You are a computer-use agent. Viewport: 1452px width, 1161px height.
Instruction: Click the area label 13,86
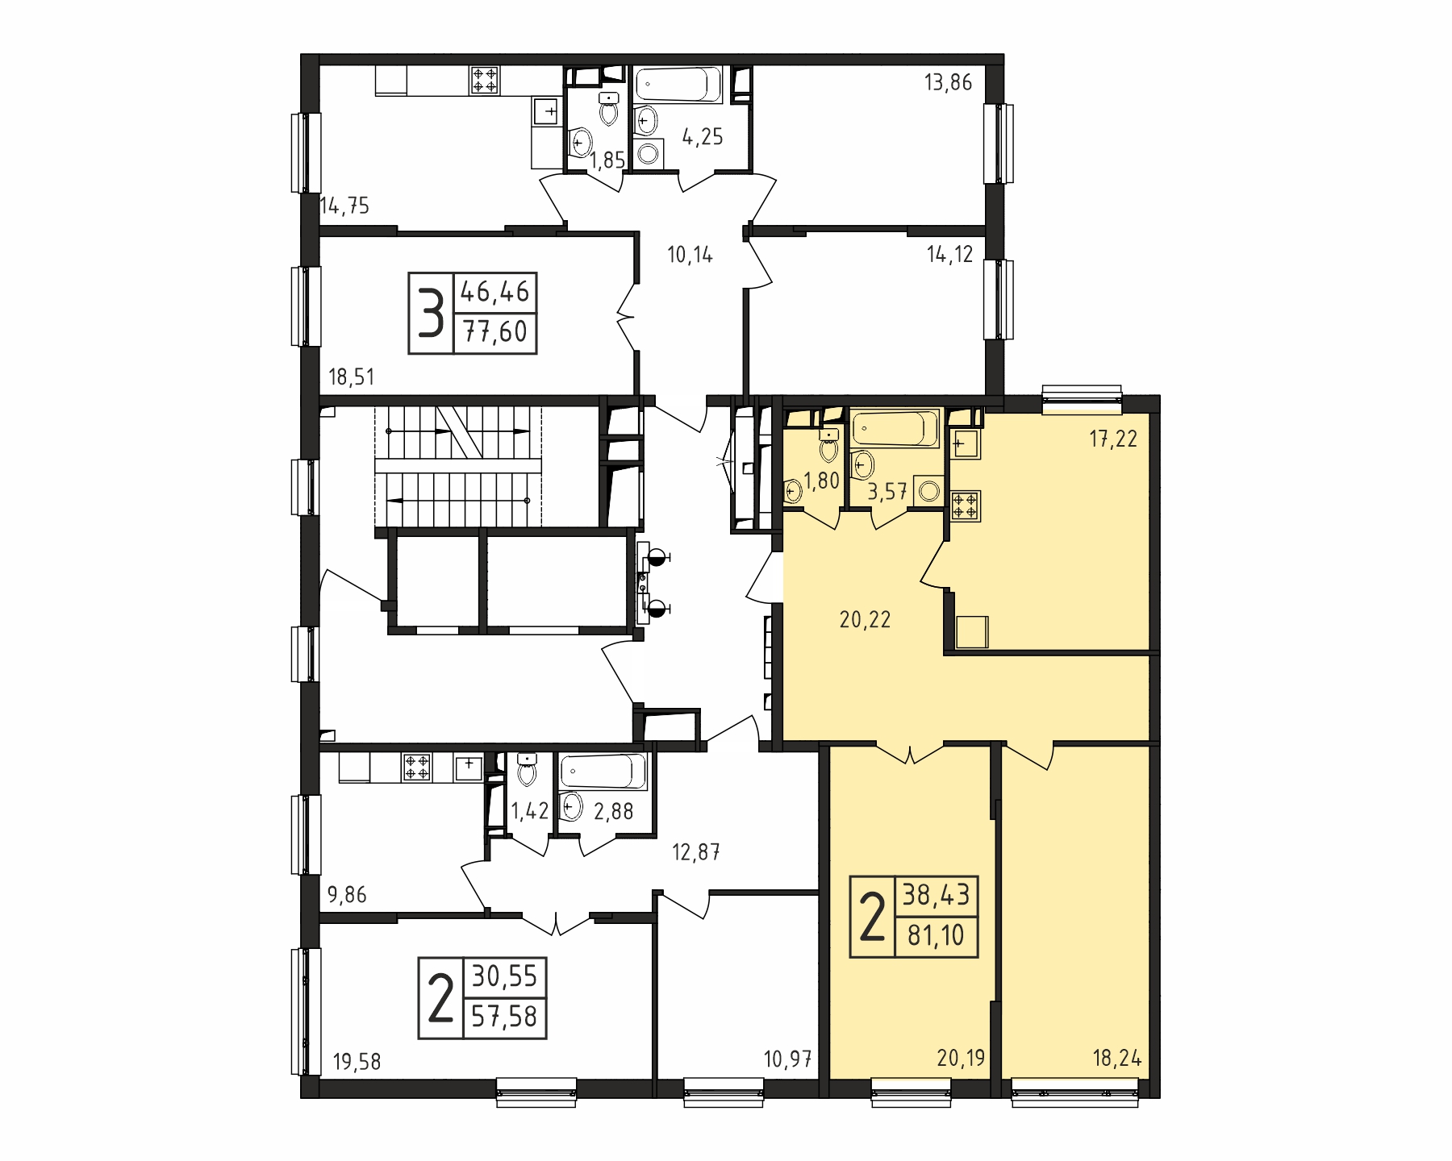coord(948,83)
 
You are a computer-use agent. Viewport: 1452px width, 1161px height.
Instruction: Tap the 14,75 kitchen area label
coord(344,206)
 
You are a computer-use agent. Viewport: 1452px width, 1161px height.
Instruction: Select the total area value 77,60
coord(495,331)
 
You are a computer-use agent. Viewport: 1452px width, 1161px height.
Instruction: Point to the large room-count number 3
coord(432,314)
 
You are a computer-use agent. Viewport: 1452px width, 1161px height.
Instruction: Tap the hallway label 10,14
coord(690,256)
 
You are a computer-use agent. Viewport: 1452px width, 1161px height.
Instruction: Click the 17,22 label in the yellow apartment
coord(1113,439)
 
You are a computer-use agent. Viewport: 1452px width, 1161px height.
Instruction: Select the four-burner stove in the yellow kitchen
coord(966,506)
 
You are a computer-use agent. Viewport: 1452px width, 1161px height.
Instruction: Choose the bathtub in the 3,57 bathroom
coord(895,428)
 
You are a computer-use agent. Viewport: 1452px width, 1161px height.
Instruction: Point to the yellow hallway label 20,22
coord(865,620)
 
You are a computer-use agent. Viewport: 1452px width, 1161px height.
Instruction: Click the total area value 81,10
coord(936,936)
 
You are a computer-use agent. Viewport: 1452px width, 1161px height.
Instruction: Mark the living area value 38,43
coord(936,895)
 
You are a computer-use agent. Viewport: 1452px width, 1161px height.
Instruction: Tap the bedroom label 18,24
coord(1117,1059)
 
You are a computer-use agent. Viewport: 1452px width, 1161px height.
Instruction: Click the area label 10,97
coord(787,1059)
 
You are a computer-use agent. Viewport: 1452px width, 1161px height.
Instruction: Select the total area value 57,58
coord(504,1017)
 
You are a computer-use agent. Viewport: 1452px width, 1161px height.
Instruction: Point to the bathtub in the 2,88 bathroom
coord(603,772)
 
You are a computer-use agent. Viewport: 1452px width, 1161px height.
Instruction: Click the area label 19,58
coord(357,1063)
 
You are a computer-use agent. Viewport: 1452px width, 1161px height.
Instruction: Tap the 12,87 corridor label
coord(696,852)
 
